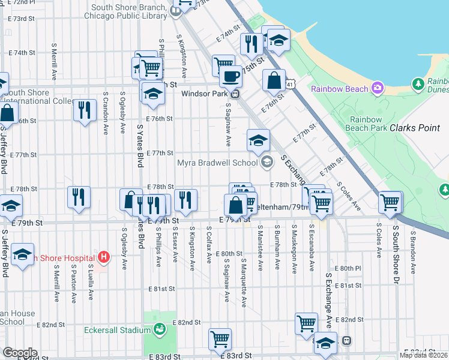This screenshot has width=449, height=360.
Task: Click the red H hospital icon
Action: [x=104, y=257]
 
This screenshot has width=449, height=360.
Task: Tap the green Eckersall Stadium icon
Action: [x=160, y=329]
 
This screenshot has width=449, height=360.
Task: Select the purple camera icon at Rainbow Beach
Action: [x=377, y=88]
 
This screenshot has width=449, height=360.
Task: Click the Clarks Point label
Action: [x=417, y=128]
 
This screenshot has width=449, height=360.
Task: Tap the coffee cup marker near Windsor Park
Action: [x=231, y=77]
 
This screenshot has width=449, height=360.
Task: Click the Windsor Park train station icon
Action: [x=236, y=94]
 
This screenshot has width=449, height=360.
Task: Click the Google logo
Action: [x=20, y=352]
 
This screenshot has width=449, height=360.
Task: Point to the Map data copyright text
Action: [x=423, y=355]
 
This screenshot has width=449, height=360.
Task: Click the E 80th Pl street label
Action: [x=348, y=268]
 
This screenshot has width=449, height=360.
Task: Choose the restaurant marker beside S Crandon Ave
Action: [x=84, y=110]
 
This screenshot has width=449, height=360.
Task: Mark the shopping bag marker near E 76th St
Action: [x=274, y=81]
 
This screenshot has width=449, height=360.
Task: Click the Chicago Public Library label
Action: [x=126, y=16]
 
